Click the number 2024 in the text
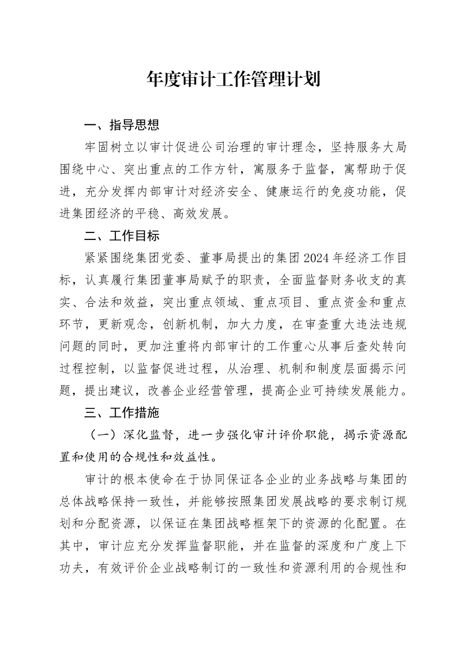[316, 258]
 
